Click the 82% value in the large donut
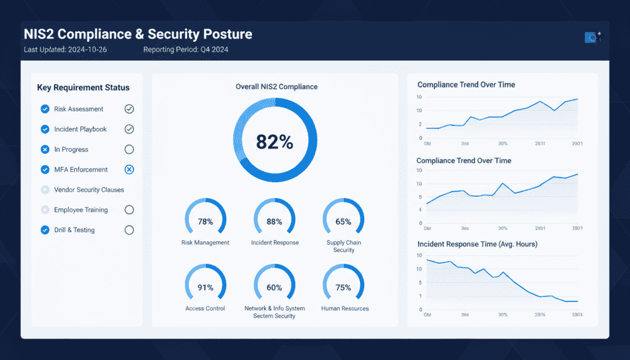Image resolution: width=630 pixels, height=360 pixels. point(274,142)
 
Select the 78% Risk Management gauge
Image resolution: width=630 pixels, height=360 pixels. point(205,222)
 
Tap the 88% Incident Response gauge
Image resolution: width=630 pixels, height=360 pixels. point(274,222)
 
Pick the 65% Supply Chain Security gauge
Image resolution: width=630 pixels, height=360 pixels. point(343,222)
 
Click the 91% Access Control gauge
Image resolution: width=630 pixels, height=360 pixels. point(205,287)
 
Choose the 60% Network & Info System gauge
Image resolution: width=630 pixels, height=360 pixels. point(274,287)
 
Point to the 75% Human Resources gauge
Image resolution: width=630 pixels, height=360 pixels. point(343,287)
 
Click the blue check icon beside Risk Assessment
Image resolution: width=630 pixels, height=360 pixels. point(45,109)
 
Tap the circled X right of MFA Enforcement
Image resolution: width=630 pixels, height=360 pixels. point(129,170)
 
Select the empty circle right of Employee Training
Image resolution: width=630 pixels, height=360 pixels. point(129,210)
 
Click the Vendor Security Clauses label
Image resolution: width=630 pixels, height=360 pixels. point(89,190)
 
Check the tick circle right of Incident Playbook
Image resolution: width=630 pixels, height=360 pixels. point(129,129)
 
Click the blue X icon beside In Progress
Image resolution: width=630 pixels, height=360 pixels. point(45,150)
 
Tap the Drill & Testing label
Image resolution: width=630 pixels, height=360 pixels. point(74,230)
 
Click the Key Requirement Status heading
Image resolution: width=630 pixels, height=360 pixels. point(83,87)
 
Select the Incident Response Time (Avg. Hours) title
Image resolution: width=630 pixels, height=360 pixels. point(477,244)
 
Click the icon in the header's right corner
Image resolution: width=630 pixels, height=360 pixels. point(591,38)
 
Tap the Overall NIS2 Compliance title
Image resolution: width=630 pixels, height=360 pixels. point(276,87)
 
